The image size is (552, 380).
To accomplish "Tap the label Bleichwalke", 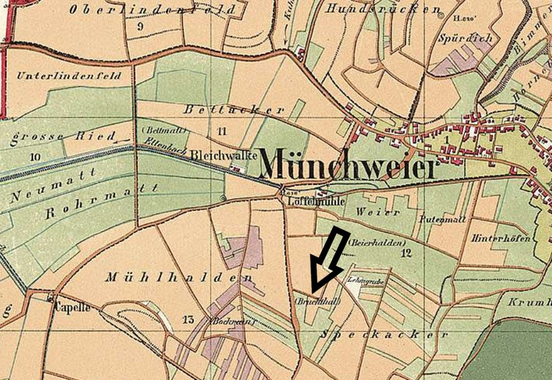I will coord(224,154).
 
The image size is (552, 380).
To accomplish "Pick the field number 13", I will coord(188,320).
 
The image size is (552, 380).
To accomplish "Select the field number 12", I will coord(405,253).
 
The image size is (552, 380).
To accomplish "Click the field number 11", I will coord(222,131).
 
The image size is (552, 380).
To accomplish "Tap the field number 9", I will coord(140,26).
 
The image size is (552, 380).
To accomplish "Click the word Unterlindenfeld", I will coord(69,76).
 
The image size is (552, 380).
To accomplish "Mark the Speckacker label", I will coord(383,334).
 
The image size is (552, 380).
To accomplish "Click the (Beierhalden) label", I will coord(377,243).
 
